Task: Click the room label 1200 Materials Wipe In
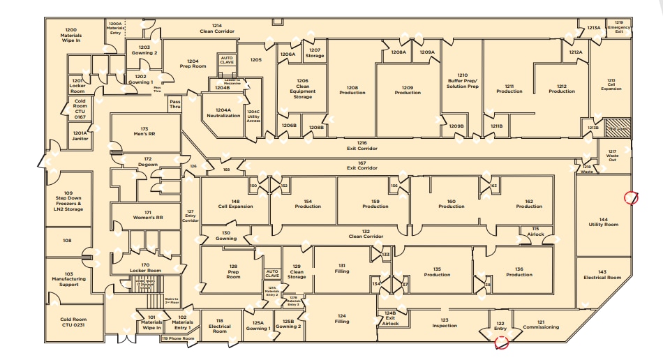tap(70, 35)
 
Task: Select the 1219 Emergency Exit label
tap(618, 27)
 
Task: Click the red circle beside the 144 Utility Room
tap(631, 198)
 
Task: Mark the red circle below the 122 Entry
tap(500, 342)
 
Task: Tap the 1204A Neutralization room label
tap(223, 112)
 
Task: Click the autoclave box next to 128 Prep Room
tap(272, 273)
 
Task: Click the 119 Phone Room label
tap(178, 338)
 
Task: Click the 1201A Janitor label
tap(80, 135)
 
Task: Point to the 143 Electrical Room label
tap(602, 274)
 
